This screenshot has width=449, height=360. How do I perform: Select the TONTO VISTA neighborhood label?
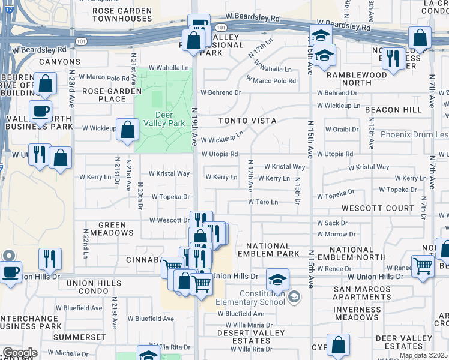tap(247, 121)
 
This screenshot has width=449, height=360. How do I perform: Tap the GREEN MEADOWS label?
tap(112, 230)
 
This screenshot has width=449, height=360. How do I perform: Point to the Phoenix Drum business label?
tap(414, 134)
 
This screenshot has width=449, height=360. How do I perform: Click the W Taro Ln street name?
tap(262, 202)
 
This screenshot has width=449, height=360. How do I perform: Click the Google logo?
tap(19, 353)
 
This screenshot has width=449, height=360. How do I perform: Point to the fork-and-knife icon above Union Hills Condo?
tap(50, 259)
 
